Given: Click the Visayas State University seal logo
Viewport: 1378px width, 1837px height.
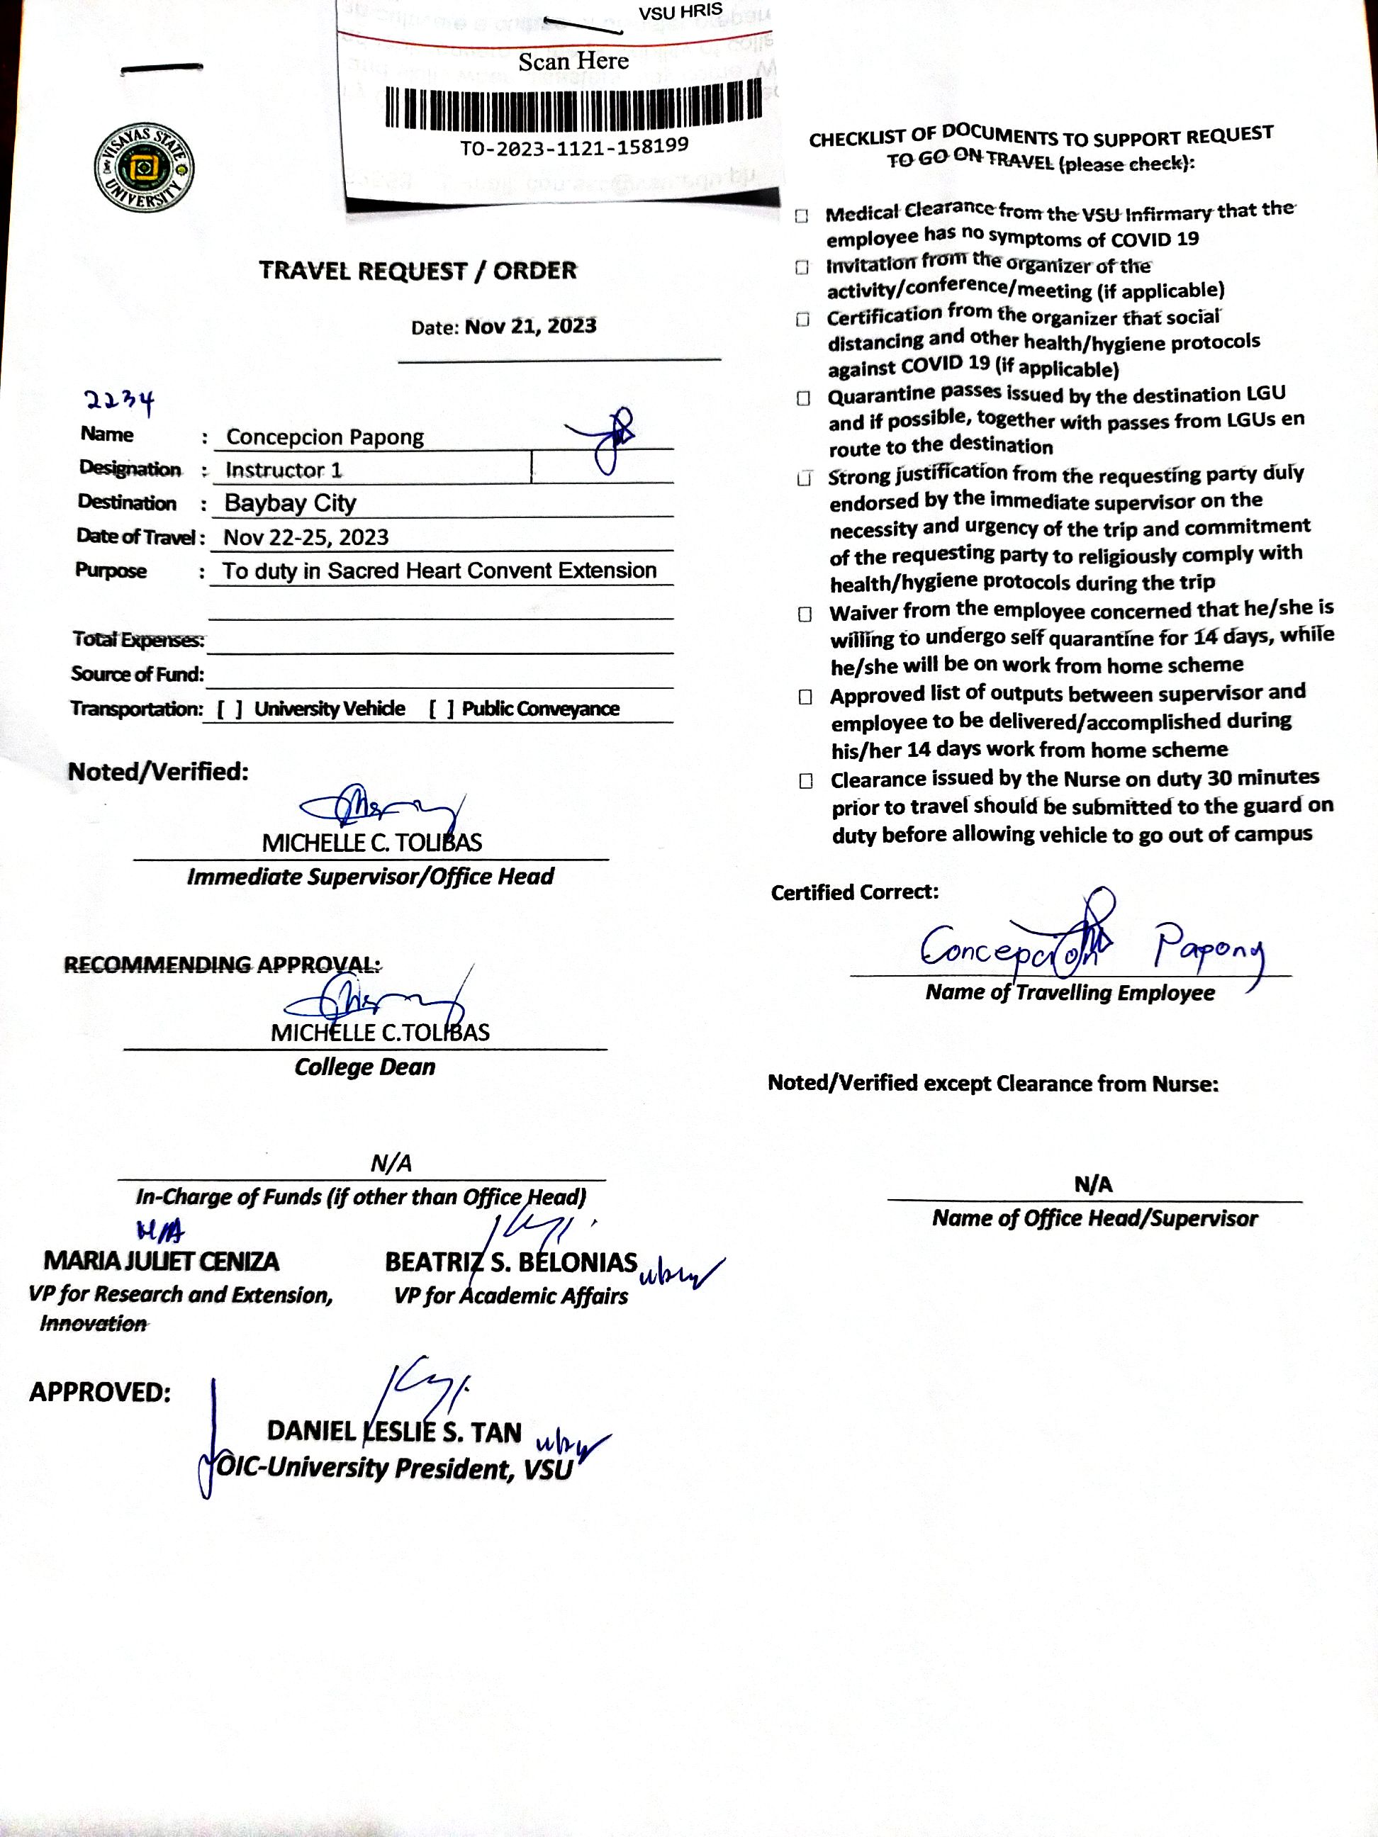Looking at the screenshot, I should tap(145, 169).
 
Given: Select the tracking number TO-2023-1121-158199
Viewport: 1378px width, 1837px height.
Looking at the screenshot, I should tap(574, 147).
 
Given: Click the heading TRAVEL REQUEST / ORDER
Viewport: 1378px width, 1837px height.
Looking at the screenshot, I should tap(417, 271).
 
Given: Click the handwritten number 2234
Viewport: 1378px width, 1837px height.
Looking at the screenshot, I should tap(120, 402).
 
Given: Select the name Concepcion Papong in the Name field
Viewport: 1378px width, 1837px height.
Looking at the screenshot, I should tap(325, 437).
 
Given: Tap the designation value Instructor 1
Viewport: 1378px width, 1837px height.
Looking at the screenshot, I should tap(284, 470).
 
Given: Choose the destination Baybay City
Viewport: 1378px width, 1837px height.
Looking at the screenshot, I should tap(290, 503).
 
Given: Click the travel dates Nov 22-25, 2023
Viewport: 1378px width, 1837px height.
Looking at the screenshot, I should tap(306, 537).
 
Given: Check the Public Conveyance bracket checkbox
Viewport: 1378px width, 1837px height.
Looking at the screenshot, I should tap(441, 709).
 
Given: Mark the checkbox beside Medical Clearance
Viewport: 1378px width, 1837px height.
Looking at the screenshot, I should tap(802, 216).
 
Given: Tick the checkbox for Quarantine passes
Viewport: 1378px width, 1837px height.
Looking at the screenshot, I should tap(803, 398).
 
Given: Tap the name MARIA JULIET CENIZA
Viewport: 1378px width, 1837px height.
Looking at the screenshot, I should tap(161, 1262).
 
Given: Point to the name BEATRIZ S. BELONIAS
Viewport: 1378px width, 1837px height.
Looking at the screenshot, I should tap(511, 1262).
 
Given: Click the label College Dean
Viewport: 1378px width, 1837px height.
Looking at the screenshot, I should tap(364, 1067).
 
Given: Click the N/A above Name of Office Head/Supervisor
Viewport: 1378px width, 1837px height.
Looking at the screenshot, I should tap(1092, 1184).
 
